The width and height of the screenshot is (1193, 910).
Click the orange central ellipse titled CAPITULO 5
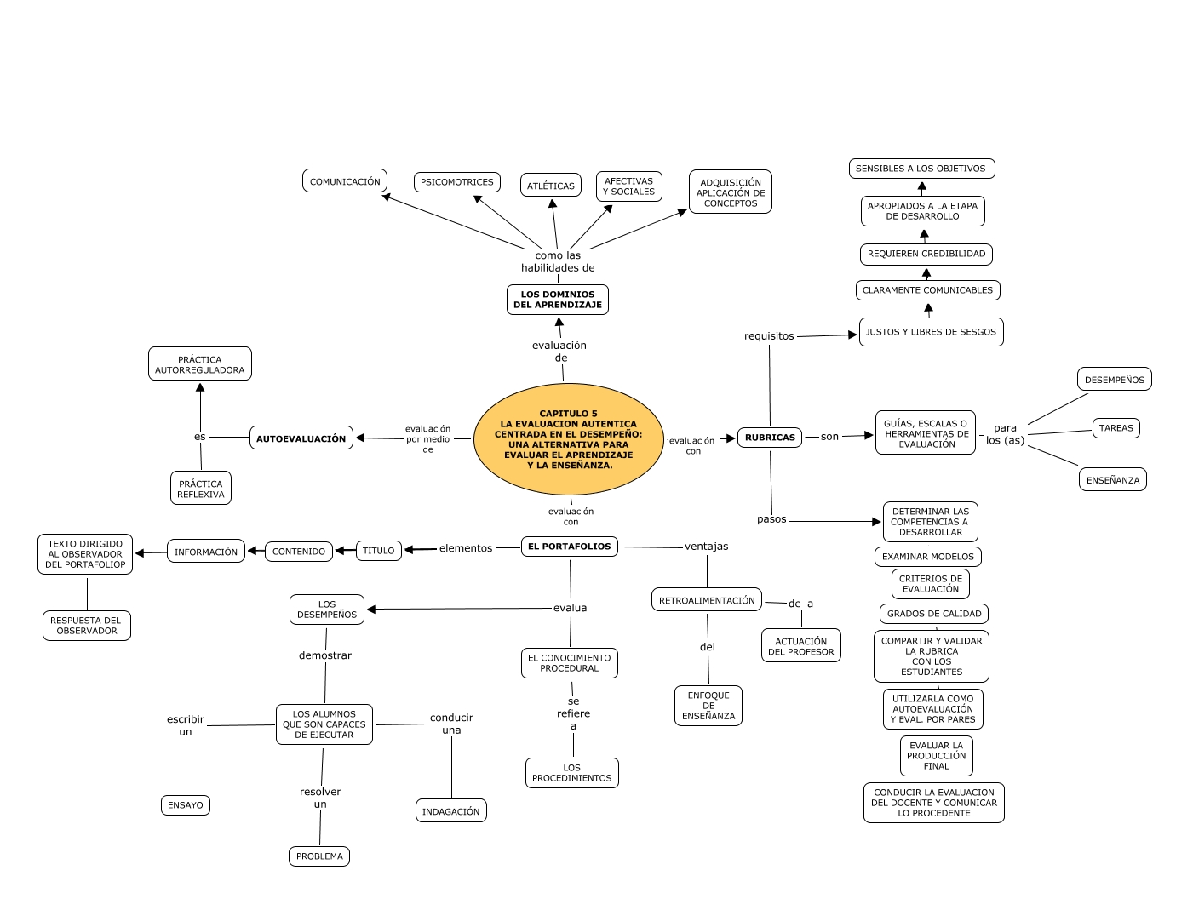(x=568, y=439)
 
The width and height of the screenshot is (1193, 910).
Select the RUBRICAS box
(x=770, y=438)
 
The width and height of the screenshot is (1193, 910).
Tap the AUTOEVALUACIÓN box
(x=301, y=438)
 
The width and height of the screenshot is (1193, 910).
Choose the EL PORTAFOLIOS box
(x=569, y=547)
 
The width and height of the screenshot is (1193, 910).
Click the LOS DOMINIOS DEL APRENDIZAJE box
(x=558, y=300)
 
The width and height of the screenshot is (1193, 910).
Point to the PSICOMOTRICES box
(x=456, y=182)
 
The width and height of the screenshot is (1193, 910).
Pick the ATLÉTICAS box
(x=550, y=186)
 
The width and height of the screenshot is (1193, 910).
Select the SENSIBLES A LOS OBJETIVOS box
(x=921, y=169)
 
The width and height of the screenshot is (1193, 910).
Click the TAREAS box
(x=1116, y=428)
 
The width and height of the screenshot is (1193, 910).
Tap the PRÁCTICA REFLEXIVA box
(x=201, y=489)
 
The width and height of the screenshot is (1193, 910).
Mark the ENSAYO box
(x=186, y=805)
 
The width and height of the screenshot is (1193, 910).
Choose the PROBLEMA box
(x=319, y=856)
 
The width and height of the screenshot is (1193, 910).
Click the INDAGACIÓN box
(x=450, y=811)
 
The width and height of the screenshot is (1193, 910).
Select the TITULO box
(x=378, y=551)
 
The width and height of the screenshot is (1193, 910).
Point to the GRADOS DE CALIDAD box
(x=933, y=614)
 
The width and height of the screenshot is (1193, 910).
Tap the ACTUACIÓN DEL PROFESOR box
(x=800, y=646)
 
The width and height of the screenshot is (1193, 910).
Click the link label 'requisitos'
(x=769, y=336)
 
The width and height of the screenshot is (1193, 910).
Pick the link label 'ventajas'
(x=706, y=547)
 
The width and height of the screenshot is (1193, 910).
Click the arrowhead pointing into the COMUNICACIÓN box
(x=386, y=197)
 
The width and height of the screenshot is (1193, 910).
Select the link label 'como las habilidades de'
(x=558, y=261)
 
